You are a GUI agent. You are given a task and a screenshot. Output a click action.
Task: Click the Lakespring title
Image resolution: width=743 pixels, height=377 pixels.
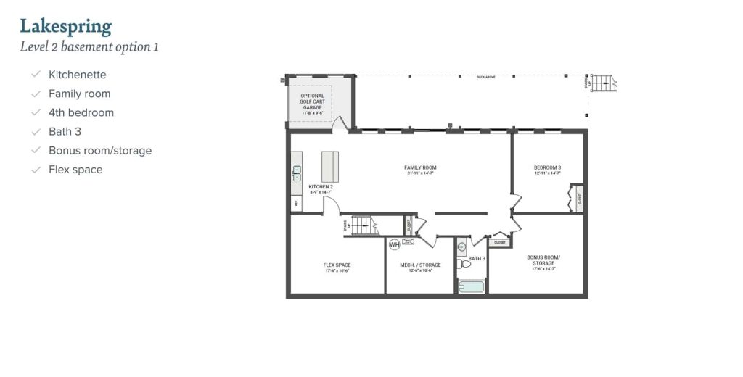click(x=66, y=27)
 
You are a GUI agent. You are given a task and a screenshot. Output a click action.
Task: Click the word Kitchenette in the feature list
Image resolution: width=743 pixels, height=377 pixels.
click(x=78, y=75)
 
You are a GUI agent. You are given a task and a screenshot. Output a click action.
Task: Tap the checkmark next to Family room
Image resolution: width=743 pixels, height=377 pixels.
click(x=36, y=94)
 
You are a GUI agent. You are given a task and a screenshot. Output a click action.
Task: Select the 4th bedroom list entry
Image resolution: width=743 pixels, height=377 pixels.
click(x=81, y=112)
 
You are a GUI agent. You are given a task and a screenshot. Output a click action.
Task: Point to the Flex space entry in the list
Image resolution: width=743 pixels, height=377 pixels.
click(x=75, y=170)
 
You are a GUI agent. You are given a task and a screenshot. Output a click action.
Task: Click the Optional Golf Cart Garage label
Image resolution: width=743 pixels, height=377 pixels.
click(x=313, y=101)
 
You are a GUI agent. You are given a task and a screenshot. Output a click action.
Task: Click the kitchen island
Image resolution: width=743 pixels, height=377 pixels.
click(x=330, y=167)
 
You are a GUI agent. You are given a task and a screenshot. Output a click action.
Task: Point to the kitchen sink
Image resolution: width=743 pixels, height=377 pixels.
click(x=297, y=173)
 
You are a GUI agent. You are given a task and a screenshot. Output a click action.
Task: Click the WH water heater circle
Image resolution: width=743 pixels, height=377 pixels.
click(x=394, y=244)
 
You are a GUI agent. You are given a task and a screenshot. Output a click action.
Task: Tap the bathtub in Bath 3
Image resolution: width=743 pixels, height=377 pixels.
click(x=472, y=287)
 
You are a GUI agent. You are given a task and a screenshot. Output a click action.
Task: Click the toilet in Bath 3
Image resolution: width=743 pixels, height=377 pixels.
click(x=464, y=264)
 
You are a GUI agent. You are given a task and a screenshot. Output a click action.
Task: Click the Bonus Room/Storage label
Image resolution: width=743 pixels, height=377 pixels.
click(x=543, y=261)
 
